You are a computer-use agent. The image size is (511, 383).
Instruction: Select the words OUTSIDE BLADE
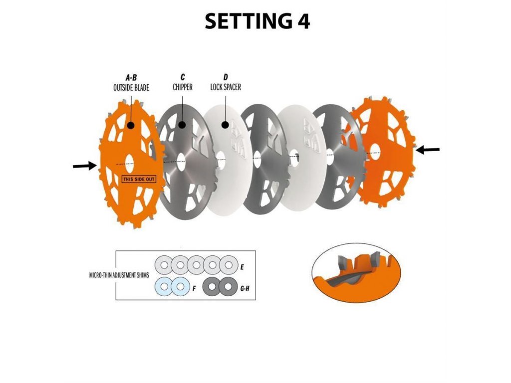click(131, 87)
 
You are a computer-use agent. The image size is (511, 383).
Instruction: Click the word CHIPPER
click(183, 87)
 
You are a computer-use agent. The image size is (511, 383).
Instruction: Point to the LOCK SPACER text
click(226, 87)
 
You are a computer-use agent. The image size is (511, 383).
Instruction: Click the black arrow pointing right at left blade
click(84, 166)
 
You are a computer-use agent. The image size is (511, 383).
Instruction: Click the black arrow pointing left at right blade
click(428, 149)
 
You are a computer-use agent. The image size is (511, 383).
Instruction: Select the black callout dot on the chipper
click(183, 125)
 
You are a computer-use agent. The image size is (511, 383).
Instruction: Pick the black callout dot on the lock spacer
click(226, 124)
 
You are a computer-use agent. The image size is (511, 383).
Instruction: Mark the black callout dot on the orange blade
click(131, 125)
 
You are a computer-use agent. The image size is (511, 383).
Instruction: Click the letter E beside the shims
click(242, 267)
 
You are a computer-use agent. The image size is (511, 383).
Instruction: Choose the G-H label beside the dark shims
click(244, 288)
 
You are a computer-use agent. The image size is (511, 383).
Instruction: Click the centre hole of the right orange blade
click(374, 154)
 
